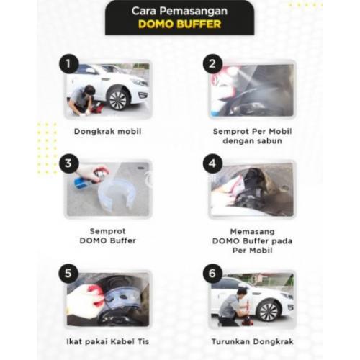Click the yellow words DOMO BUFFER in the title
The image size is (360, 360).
pos(179,24)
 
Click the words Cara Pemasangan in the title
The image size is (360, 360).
pos(179,11)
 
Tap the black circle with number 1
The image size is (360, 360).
pos(69,64)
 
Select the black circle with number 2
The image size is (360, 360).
pos(212,64)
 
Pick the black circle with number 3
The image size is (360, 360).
pos(69,163)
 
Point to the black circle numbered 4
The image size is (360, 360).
pos(212,163)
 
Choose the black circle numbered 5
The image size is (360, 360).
pos(68,274)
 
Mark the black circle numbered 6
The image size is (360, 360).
pos(212,274)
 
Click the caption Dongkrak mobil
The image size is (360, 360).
pos(107,132)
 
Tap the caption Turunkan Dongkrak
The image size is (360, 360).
pos(253,342)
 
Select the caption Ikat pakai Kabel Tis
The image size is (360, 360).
pos(108,342)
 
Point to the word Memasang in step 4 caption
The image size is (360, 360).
pos(253,232)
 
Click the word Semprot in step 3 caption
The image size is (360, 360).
pos(108,231)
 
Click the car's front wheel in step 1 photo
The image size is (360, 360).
pos(118,99)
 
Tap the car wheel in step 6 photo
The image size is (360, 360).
pos(269,311)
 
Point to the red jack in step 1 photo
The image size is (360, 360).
pos(96,109)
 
